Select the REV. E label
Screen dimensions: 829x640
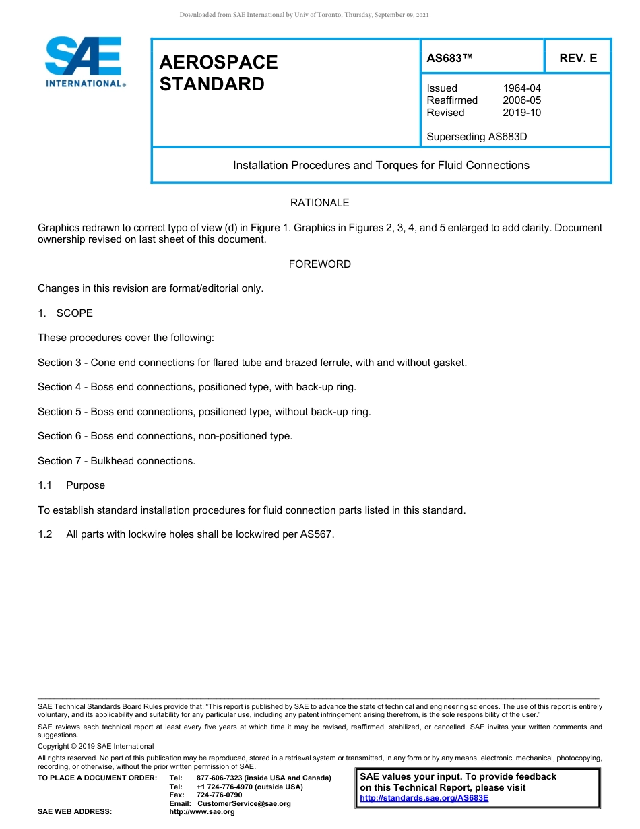(578, 59)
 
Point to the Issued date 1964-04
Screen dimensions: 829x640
(521, 88)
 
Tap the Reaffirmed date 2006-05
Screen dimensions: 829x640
(521, 100)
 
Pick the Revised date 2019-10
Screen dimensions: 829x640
(521, 113)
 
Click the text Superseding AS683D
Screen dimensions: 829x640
(476, 137)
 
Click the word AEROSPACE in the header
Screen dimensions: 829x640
(218, 62)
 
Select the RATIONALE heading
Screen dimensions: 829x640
(319, 203)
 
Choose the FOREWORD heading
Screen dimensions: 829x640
(319, 264)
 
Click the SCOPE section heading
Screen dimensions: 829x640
(74, 313)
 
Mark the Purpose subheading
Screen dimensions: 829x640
(86, 485)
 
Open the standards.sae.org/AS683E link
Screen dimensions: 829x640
(424, 798)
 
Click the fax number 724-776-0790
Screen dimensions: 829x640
(219, 795)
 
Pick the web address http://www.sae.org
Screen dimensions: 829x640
(201, 812)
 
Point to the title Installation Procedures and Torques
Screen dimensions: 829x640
(381, 165)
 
